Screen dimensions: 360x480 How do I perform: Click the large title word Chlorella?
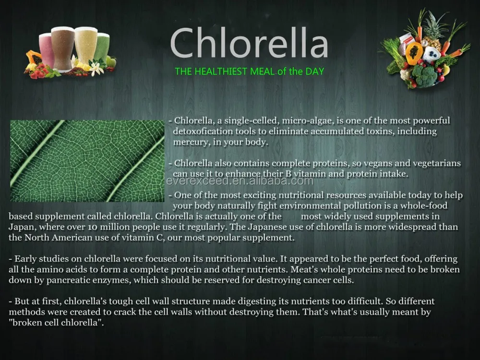coord(249,44)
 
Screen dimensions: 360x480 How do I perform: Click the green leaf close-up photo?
coord(87,161)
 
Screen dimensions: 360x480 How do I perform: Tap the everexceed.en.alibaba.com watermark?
coord(240,181)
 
